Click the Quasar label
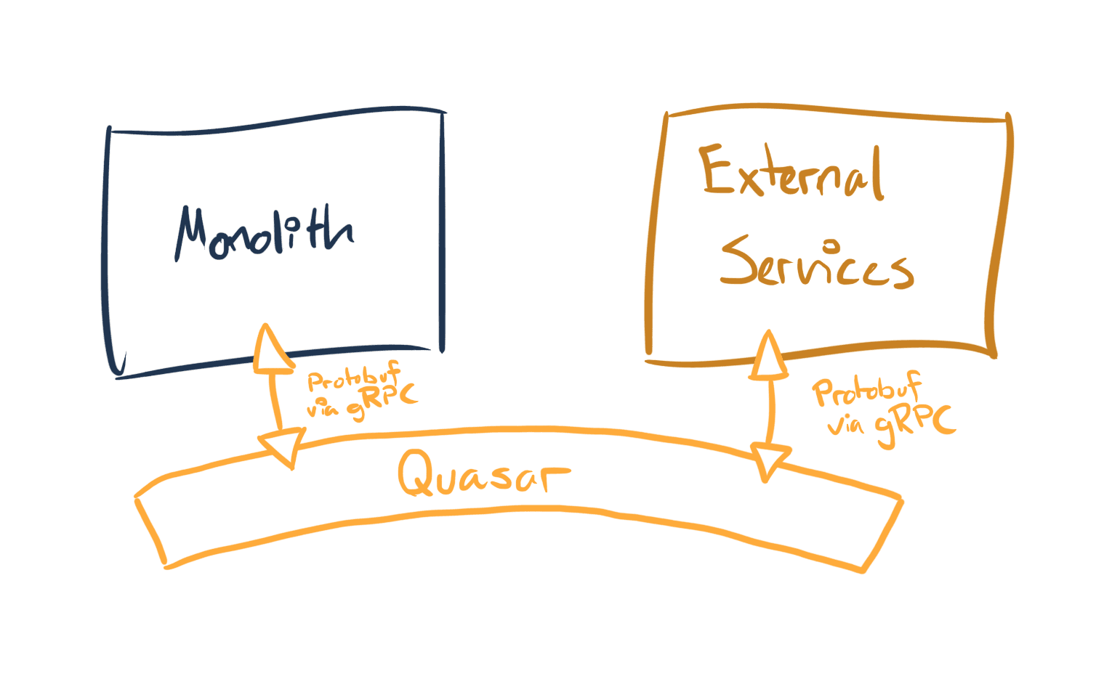483,473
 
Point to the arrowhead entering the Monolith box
268,349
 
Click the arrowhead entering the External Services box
767,357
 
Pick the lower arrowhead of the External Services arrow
769,461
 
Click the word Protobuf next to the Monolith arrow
353,377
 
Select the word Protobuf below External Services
866,391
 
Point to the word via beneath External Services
845,423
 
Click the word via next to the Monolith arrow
322,410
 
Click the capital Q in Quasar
416,473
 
